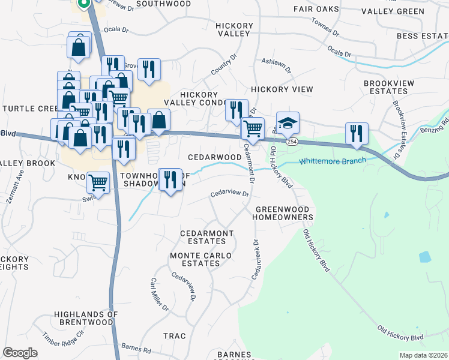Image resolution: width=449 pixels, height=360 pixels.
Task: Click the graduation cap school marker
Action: (x=288, y=123)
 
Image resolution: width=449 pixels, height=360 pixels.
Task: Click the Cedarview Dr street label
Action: (x=229, y=194)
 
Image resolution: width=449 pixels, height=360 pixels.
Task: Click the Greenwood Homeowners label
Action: (x=284, y=212)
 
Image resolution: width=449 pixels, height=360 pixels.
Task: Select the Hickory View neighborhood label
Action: (x=282, y=89)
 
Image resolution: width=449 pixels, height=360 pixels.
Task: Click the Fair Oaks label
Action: (x=316, y=9)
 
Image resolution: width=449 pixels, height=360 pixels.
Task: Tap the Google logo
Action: (x=20, y=353)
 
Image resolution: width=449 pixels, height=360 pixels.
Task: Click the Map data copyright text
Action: (x=423, y=355)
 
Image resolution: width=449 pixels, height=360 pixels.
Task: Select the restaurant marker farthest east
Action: (x=357, y=134)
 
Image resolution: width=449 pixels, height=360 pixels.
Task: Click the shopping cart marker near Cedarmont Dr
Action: (x=253, y=128)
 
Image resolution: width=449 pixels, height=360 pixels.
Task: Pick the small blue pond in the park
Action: (x=424, y=257)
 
